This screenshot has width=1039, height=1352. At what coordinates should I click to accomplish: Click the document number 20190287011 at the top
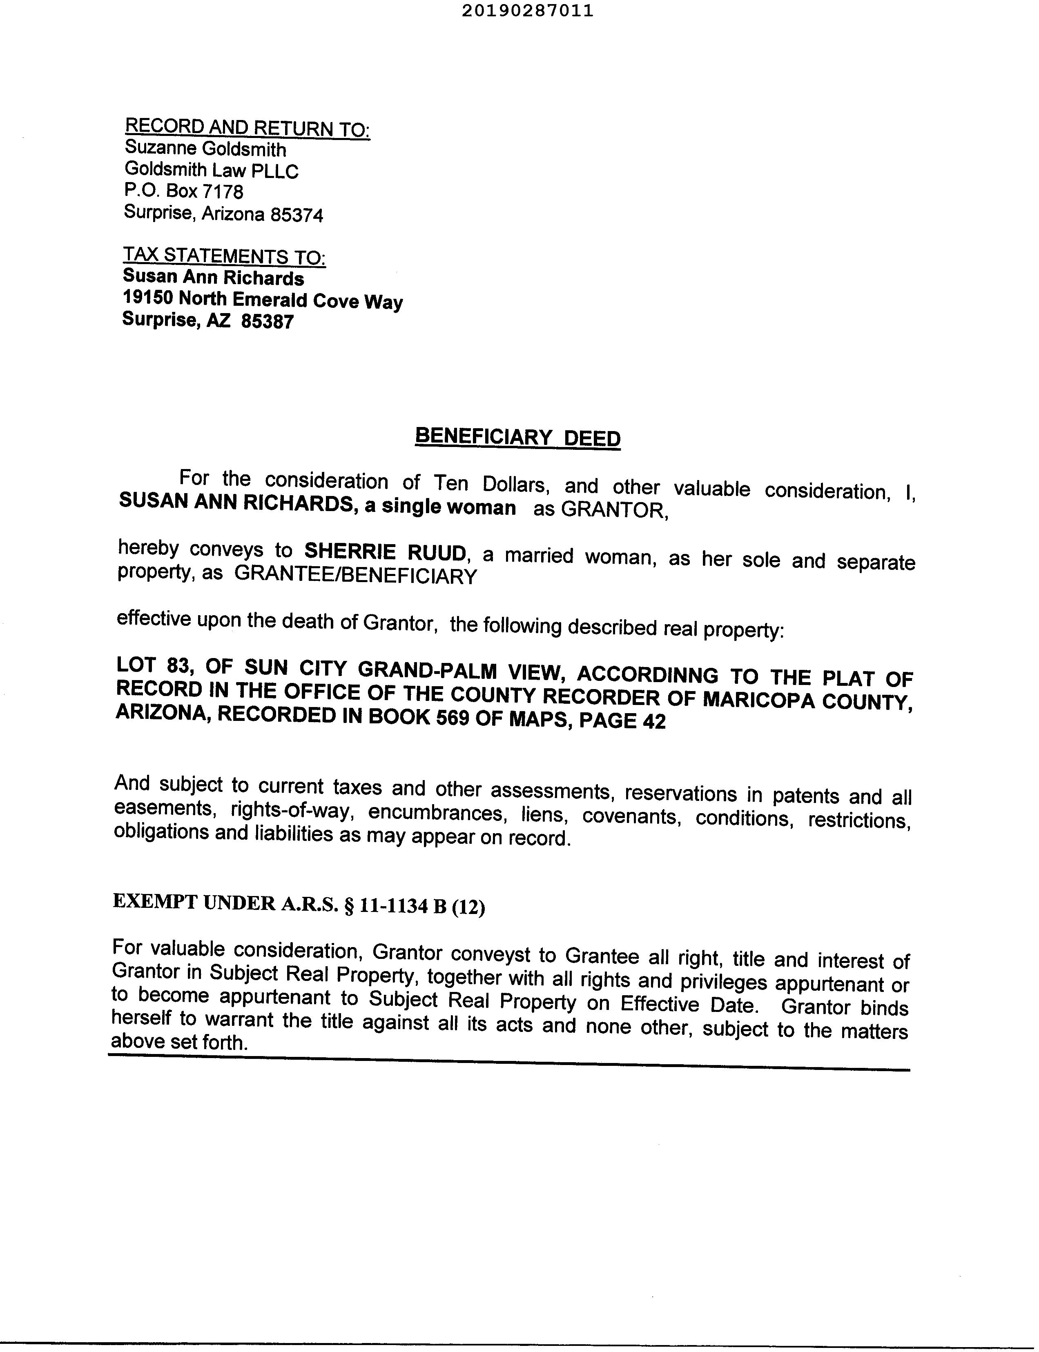coord(527,11)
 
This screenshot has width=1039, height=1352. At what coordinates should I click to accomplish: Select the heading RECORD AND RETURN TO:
coord(247,128)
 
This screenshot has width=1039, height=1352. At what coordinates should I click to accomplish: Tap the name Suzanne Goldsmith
coord(205,149)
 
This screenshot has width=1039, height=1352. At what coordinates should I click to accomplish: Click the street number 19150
coord(148,297)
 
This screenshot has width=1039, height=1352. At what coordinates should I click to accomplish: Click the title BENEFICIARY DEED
coord(517,437)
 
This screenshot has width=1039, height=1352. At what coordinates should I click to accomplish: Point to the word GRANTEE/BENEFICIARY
coord(356,576)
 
